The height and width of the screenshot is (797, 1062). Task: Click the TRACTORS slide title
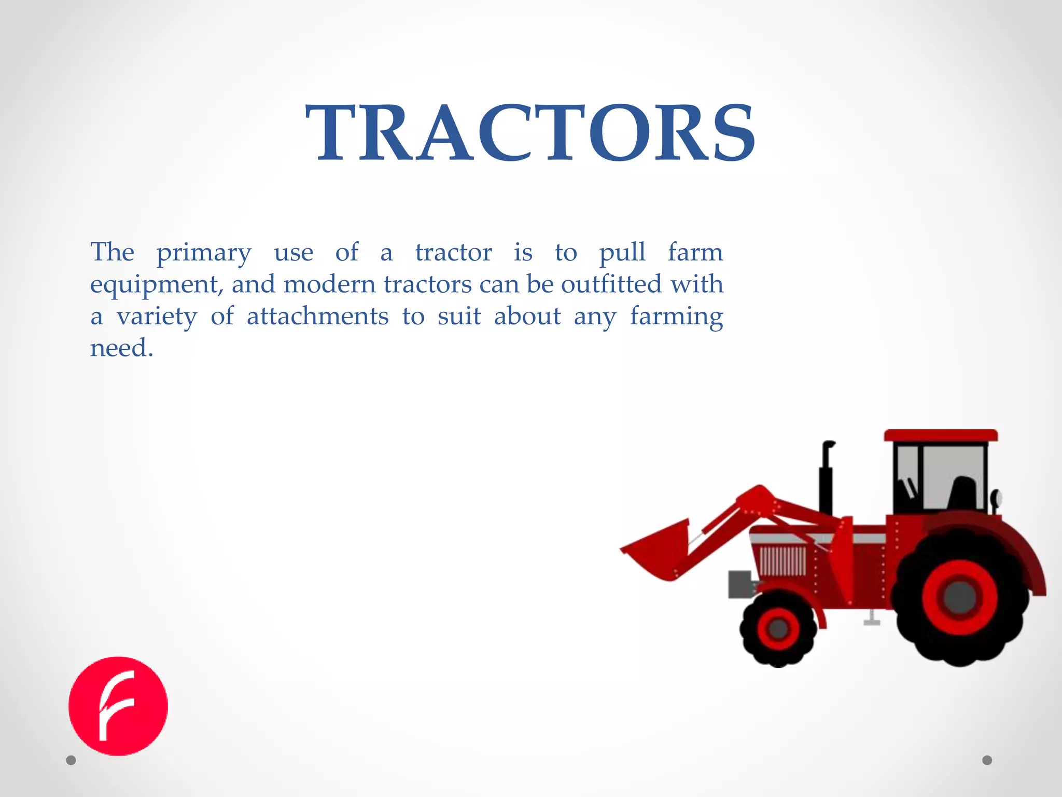tap(530, 133)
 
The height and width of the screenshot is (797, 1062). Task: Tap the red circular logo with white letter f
tap(118, 706)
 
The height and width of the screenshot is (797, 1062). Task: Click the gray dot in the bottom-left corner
tap(71, 760)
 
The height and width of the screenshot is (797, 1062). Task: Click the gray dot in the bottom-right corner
tap(987, 760)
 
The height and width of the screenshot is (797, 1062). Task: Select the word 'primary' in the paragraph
tap(204, 253)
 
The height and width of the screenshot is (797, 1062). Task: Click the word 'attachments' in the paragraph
tap(317, 317)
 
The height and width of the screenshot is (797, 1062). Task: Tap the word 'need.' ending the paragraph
tap(122, 348)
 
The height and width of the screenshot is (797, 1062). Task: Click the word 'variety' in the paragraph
tap(157, 317)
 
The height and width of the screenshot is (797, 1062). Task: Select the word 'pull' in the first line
tap(622, 253)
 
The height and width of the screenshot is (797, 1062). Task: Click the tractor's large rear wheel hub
tap(960, 598)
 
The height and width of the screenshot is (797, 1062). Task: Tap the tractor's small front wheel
tap(778, 629)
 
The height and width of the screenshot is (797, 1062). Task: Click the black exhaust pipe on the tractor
tap(826, 477)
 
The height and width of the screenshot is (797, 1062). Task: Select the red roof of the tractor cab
tap(941, 435)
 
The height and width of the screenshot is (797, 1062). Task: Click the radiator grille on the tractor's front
tap(782, 561)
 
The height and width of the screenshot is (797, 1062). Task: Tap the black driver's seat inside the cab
tap(962, 493)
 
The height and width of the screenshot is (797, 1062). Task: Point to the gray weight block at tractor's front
tap(740, 584)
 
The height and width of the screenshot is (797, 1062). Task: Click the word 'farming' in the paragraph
tap(676, 317)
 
